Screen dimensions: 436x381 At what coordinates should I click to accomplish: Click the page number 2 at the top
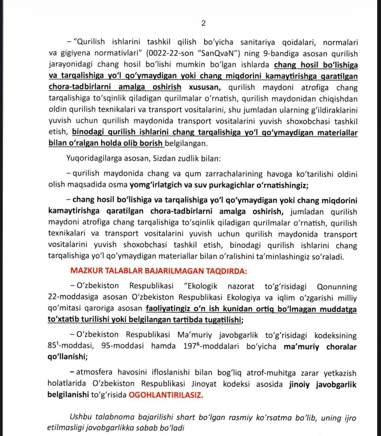point(203,23)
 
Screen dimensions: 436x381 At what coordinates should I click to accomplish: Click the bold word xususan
point(204,87)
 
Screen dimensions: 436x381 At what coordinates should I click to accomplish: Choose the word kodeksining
point(335,335)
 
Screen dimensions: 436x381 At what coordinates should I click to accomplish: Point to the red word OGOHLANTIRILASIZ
point(166,395)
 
